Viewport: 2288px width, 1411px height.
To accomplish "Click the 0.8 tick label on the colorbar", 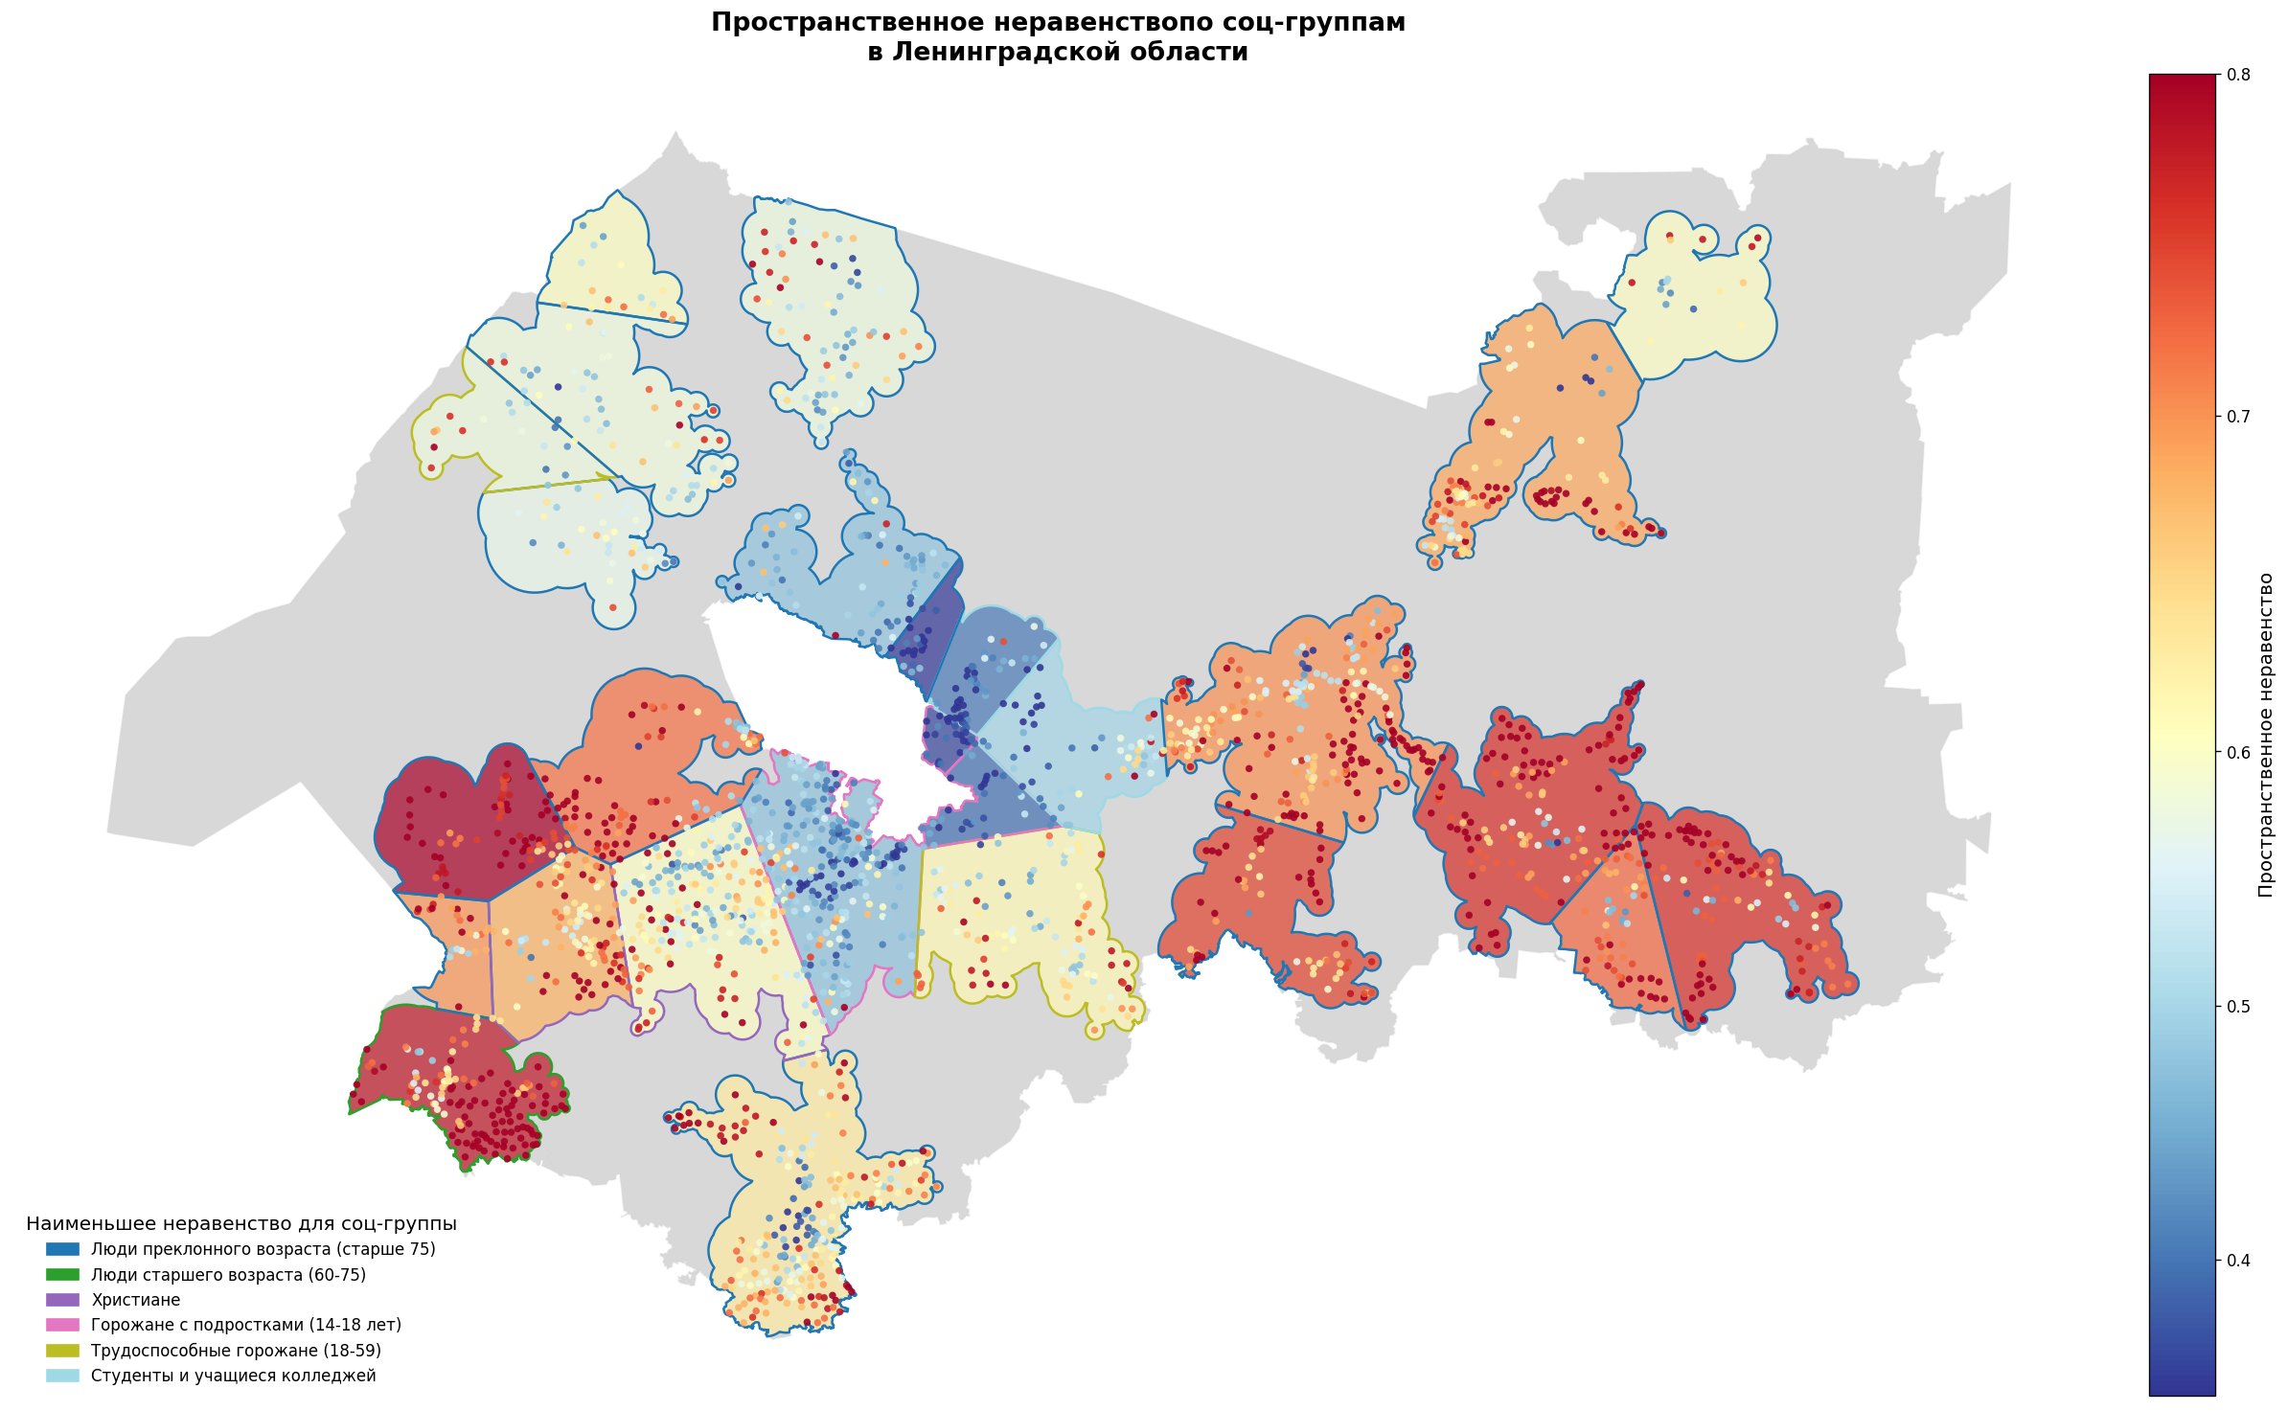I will tap(2237, 74).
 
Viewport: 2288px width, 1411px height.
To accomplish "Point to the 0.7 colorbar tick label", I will tap(2237, 416).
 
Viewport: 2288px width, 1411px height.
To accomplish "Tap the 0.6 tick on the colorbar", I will tap(2237, 752).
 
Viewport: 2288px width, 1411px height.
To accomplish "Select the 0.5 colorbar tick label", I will tap(2237, 1006).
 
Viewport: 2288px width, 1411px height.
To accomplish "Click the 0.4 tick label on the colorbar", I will tap(2237, 1260).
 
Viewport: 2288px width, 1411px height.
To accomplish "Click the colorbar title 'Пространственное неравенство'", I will tap(2265, 735).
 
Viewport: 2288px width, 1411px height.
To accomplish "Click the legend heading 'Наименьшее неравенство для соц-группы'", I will tap(240, 1224).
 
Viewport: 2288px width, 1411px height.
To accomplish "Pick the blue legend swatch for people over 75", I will tap(63, 1249).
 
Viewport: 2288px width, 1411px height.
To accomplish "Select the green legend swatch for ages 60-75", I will tap(63, 1275).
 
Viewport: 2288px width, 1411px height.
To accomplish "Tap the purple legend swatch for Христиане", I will tap(63, 1300).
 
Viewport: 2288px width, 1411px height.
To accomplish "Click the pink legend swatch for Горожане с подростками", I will tap(63, 1325).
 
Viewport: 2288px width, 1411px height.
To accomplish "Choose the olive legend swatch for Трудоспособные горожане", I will tap(63, 1351).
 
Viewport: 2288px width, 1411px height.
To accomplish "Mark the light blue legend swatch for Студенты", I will tap(63, 1376).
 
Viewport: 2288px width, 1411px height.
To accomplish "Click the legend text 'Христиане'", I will tap(135, 1300).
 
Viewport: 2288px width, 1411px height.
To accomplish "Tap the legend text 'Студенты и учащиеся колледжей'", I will tap(233, 1376).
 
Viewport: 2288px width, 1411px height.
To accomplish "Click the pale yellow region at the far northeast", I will tap(1696, 307).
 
